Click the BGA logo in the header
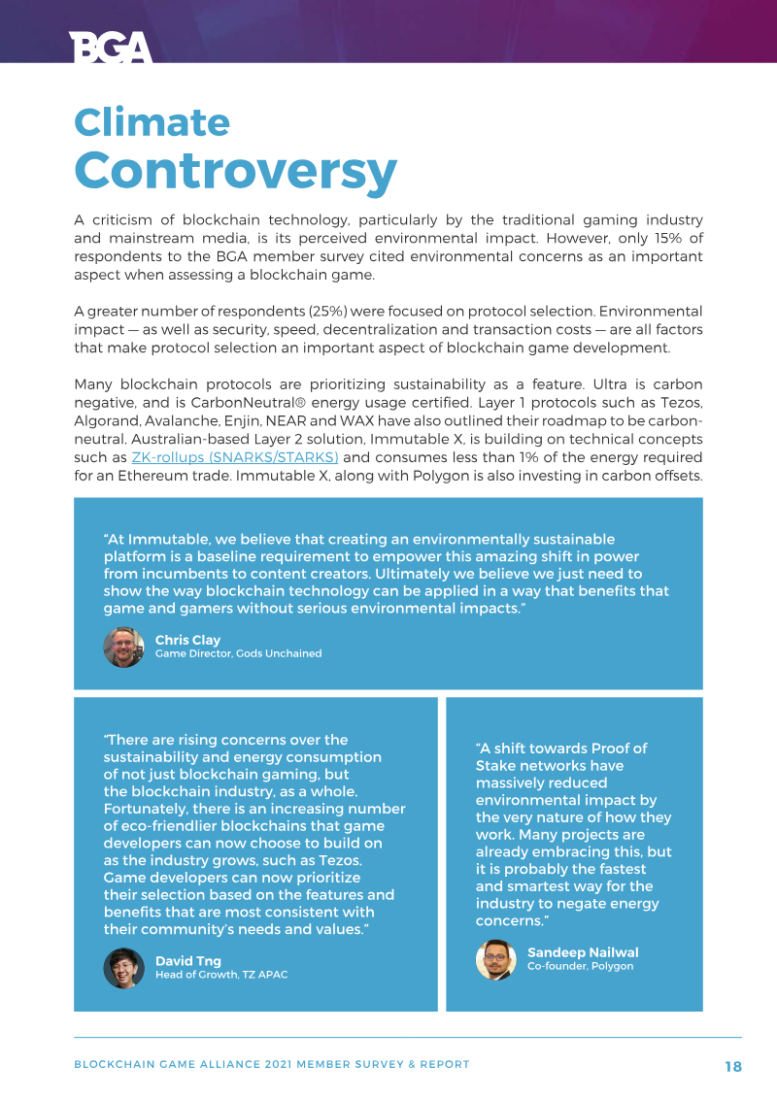pos(111,47)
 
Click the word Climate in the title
pos(152,122)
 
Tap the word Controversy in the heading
pos(236,170)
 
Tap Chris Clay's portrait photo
pos(123,647)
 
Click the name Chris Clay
pos(187,641)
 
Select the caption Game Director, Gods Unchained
pos(238,654)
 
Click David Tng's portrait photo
pos(123,968)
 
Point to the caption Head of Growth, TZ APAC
pos(221,975)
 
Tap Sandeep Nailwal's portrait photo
pos(495,959)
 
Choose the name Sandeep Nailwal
pos(583,952)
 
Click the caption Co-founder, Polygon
pos(580,967)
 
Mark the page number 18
pos(733,1066)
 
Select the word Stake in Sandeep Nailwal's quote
pos(495,766)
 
